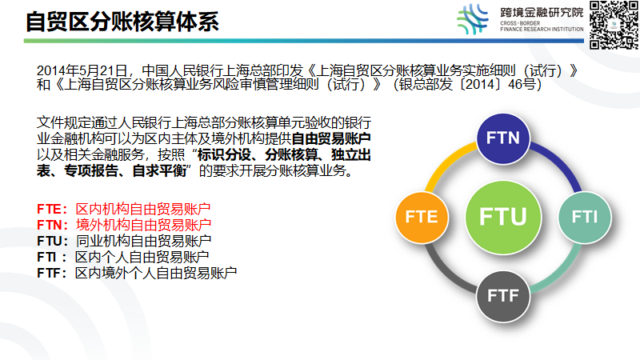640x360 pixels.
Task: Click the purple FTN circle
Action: click(503, 138)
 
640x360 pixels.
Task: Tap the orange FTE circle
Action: click(421, 217)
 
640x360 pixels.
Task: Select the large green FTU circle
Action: click(502, 217)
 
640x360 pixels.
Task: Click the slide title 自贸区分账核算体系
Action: click(122, 22)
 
